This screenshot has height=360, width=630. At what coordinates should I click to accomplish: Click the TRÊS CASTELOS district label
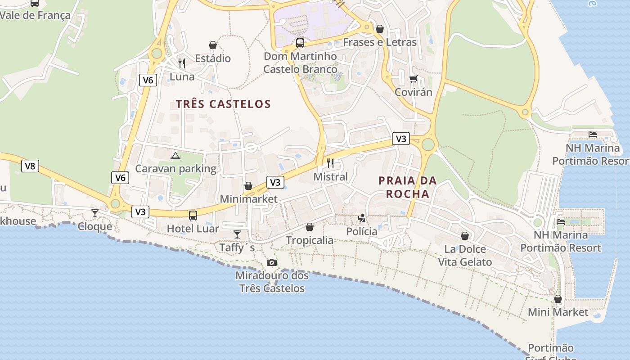[223, 104]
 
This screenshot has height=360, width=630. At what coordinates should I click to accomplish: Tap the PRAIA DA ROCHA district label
[407, 187]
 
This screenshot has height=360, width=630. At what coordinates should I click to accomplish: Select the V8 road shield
[30, 166]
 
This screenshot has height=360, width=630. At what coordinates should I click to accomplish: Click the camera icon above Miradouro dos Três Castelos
[271, 262]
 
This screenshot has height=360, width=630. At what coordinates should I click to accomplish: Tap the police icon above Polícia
[361, 218]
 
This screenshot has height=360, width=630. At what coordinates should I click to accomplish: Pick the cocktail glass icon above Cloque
[94, 213]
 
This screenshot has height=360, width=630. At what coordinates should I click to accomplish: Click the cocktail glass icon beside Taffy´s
[237, 234]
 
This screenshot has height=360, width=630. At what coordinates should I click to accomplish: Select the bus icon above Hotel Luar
[193, 215]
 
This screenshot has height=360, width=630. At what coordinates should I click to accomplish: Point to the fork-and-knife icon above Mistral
[331, 163]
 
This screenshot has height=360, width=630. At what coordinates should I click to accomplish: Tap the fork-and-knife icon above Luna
[182, 63]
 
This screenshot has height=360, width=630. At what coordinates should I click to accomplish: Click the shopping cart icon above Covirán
[413, 79]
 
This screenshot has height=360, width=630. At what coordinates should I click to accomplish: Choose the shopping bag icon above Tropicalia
[310, 227]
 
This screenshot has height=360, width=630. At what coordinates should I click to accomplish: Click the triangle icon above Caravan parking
[175, 156]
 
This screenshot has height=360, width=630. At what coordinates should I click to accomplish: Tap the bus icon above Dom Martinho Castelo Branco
[300, 43]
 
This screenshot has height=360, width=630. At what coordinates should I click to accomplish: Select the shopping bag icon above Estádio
[213, 45]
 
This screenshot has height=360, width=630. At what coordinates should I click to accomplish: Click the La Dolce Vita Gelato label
[465, 256]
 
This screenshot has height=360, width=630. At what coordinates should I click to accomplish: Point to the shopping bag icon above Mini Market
[558, 299]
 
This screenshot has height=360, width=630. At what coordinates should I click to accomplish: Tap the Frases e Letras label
[380, 42]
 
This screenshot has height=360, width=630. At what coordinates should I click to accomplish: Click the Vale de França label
[35, 15]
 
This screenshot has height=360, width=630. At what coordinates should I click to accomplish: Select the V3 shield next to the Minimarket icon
[275, 182]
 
